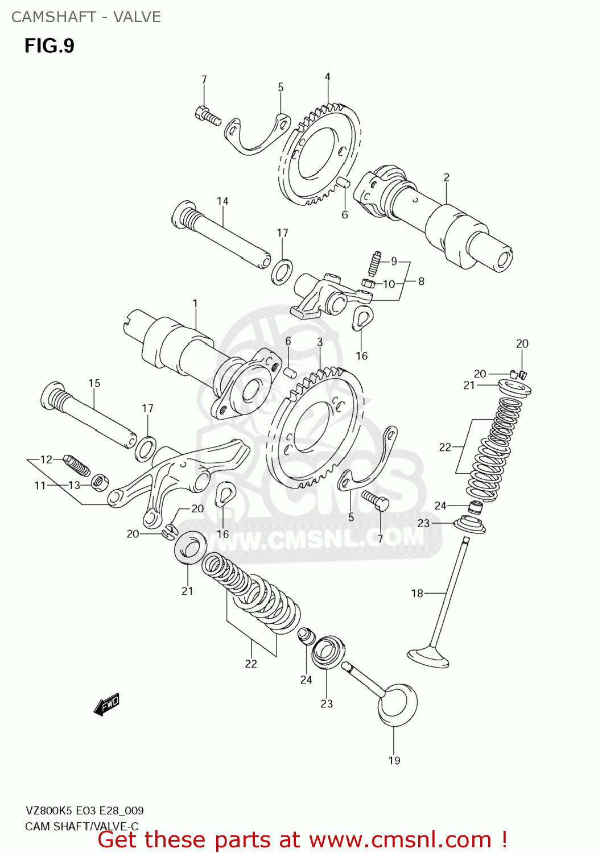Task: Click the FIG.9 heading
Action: click(x=49, y=45)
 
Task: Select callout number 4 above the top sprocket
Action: click(x=328, y=77)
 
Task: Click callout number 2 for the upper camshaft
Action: click(x=447, y=177)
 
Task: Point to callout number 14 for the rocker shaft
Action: click(x=222, y=201)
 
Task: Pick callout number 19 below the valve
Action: click(x=394, y=760)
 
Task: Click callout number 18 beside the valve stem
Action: click(x=417, y=593)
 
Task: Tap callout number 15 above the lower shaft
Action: click(x=94, y=383)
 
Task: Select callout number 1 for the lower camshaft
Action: click(x=195, y=303)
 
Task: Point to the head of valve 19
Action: click(x=397, y=705)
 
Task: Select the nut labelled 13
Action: click(x=100, y=483)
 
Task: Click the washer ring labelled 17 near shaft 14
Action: click(x=282, y=272)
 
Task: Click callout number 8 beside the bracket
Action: click(x=421, y=281)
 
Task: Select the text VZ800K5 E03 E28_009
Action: click(x=84, y=810)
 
